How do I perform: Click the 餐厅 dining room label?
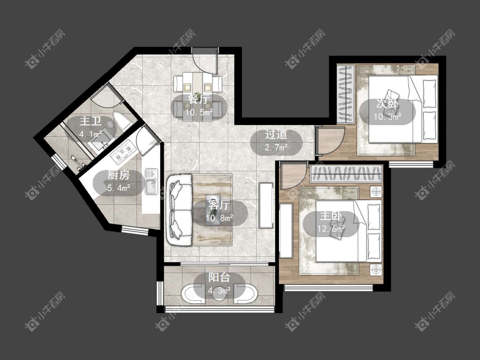pos(199,100)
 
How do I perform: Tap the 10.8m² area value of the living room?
pos(219,218)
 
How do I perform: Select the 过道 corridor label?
pos(276,135)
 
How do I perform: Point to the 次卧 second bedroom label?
pos(387,104)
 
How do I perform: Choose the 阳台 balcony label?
pos(219,277)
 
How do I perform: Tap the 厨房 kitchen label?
pos(119,175)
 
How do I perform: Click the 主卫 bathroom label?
pos(90,121)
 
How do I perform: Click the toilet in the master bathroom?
pos(122,121)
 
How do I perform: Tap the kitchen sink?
pos(151,182)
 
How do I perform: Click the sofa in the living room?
pos(179,210)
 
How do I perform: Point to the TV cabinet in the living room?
pos(266,205)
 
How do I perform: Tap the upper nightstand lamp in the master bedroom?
pos(375,192)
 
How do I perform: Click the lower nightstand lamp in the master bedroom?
pos(375,270)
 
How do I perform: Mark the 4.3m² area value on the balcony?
pos(219,290)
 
